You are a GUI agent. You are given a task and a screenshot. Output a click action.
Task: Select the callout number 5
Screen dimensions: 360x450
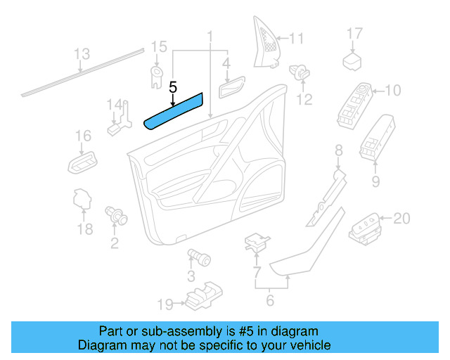(x=173, y=87)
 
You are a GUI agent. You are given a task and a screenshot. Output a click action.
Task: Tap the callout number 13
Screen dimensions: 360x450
(x=82, y=53)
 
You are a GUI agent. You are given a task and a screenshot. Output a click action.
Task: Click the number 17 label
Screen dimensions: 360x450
(x=354, y=33)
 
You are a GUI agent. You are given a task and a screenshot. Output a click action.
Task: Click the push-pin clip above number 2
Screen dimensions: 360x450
(x=115, y=214)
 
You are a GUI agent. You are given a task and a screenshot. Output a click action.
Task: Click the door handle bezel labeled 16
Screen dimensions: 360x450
(x=82, y=164)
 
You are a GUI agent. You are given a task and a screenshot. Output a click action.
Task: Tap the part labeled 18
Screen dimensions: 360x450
(x=82, y=200)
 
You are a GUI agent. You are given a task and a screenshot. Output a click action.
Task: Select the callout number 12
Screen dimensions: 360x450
(x=303, y=100)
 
